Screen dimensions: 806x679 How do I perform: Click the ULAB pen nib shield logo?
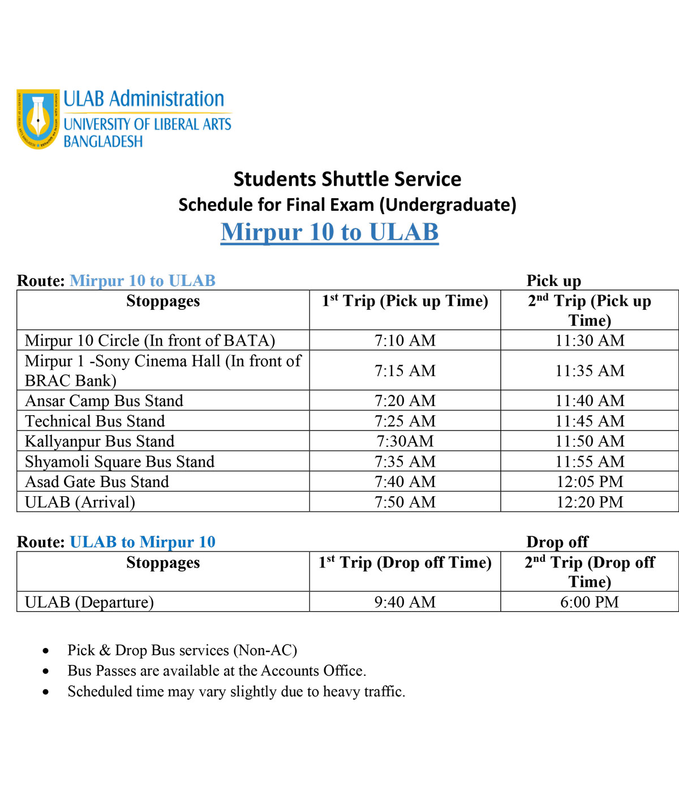click(38, 119)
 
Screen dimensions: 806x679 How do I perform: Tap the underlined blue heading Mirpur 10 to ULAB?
click(329, 232)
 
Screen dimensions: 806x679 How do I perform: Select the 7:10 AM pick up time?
click(405, 340)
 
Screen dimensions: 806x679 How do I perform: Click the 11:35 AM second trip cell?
click(590, 370)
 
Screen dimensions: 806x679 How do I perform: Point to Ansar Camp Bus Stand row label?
click(104, 401)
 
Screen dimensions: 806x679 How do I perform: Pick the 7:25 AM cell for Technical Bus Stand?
click(405, 421)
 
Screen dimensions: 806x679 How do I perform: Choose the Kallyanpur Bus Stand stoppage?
click(100, 441)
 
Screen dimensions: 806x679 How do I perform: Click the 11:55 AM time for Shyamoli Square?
click(590, 462)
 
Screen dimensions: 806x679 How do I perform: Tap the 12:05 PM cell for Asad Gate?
click(590, 482)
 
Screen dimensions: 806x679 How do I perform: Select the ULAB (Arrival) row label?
click(80, 502)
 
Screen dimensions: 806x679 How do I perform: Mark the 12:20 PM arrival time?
click(590, 502)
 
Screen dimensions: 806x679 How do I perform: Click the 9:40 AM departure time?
click(405, 602)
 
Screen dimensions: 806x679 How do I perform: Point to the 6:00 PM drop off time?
click(590, 602)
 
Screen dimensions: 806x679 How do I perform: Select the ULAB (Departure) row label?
click(89, 602)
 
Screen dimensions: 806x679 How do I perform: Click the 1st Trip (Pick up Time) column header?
click(405, 301)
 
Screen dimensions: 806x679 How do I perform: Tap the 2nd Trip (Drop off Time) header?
click(590, 572)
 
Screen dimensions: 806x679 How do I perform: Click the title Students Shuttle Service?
click(347, 179)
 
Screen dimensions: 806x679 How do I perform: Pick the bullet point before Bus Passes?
click(46, 672)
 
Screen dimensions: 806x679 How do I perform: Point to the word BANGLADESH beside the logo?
click(103, 141)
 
